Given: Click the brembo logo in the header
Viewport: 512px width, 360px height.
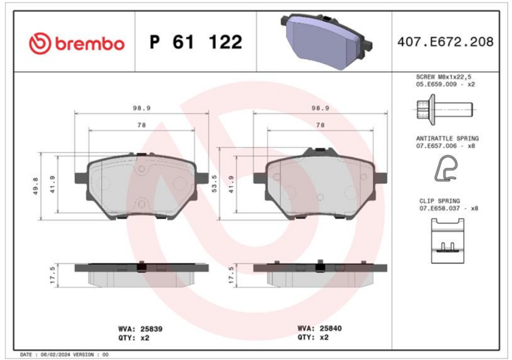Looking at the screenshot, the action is (77, 43).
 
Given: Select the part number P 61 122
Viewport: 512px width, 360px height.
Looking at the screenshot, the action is (196, 42).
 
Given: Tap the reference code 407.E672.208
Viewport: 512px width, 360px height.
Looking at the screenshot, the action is (445, 42).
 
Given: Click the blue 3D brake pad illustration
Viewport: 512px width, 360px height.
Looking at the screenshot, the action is (326, 41).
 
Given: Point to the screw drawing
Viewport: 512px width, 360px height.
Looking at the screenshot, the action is (445, 110).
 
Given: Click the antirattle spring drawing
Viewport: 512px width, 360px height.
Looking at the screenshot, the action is (446, 169).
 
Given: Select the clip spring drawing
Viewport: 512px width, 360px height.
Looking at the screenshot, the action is (447, 241).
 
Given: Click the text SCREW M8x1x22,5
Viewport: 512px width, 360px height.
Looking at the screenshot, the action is (444, 77).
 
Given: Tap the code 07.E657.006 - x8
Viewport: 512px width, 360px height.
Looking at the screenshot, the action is (445, 146).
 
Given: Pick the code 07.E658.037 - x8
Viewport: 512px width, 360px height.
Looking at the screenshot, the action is (449, 208).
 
